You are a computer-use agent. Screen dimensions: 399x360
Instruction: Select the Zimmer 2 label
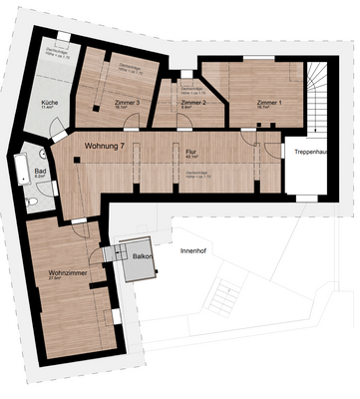tap(192, 103)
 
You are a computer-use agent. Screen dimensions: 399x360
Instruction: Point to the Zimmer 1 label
tap(268, 103)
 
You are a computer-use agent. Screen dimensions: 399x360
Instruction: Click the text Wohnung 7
tap(107, 147)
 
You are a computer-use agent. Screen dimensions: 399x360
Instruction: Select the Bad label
tap(41, 172)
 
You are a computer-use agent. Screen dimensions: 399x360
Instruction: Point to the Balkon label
tap(142, 256)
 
